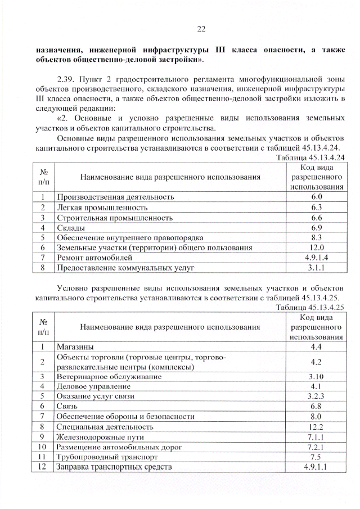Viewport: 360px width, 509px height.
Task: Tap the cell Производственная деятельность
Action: (x=115, y=197)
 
